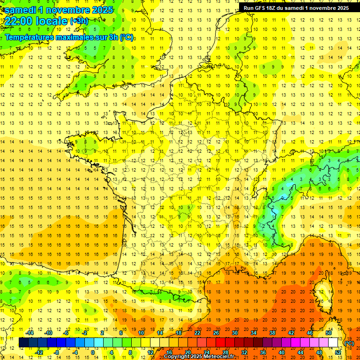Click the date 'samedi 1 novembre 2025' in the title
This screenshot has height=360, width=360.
tap(59, 9)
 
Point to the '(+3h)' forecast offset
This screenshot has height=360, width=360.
tap(78, 21)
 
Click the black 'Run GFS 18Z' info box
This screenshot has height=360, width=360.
tap(296, 8)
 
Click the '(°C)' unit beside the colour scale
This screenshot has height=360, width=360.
tap(349, 343)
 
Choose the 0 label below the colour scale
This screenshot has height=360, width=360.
tap(93, 352)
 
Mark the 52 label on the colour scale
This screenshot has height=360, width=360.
tap(338, 352)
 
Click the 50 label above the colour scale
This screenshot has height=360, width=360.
tap(329, 333)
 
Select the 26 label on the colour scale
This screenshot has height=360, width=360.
tap(216, 333)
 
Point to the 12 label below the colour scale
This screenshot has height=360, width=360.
tap(150, 352)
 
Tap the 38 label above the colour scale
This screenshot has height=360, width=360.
tap(272, 333)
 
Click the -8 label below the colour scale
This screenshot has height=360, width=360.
tap(56, 352)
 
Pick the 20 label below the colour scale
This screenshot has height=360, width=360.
tap(188, 352)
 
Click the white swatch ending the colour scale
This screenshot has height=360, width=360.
tap(333, 343)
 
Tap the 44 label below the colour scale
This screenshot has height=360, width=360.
tap(300, 352)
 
